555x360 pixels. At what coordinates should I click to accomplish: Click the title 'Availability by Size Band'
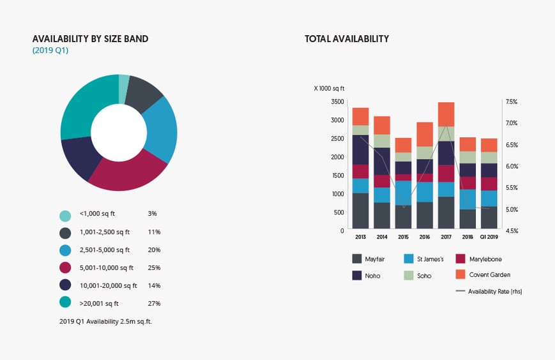pos(90,39)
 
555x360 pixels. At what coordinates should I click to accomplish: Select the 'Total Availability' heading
pos(346,39)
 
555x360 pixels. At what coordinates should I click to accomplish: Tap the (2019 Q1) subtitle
pos(50,50)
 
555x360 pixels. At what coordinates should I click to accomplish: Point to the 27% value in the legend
pos(153,303)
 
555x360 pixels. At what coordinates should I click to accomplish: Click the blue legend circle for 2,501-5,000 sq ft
pos(65,250)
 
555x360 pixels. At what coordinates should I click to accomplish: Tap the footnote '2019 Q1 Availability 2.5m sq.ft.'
pos(105,321)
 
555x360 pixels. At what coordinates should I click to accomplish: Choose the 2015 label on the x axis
pos(403,237)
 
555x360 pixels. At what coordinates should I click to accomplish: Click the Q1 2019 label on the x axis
pos(489,237)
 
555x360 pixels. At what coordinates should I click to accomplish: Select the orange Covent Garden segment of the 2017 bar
pos(446,114)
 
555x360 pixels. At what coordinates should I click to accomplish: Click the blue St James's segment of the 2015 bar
pos(403,193)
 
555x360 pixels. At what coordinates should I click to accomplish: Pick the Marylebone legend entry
pos(483,259)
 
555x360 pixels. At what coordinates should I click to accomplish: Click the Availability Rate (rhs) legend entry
pos(489,291)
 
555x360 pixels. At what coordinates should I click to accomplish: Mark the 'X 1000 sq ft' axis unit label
pos(329,89)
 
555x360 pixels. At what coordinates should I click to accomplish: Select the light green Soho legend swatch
pos(409,275)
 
